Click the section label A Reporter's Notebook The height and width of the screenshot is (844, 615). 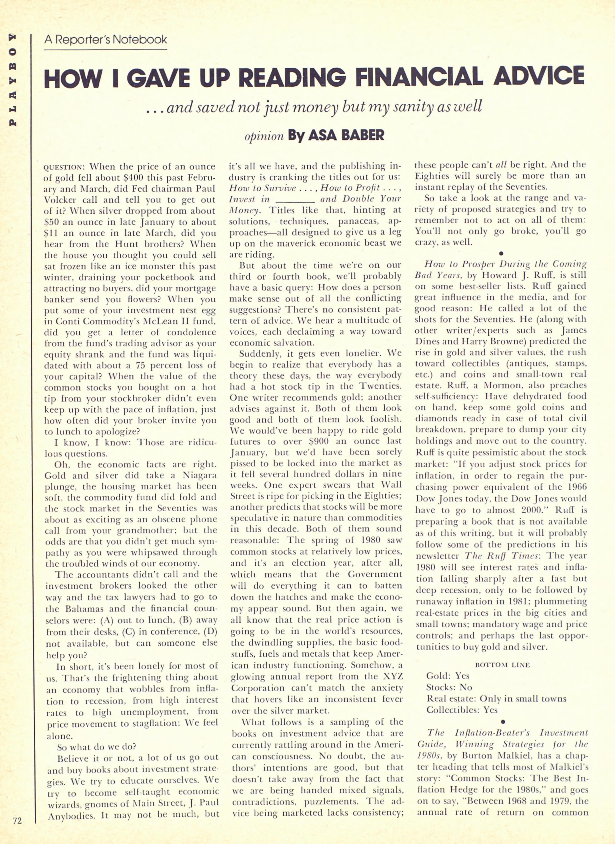point(105,39)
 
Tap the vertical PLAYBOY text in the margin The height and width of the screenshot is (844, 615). point(13,80)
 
